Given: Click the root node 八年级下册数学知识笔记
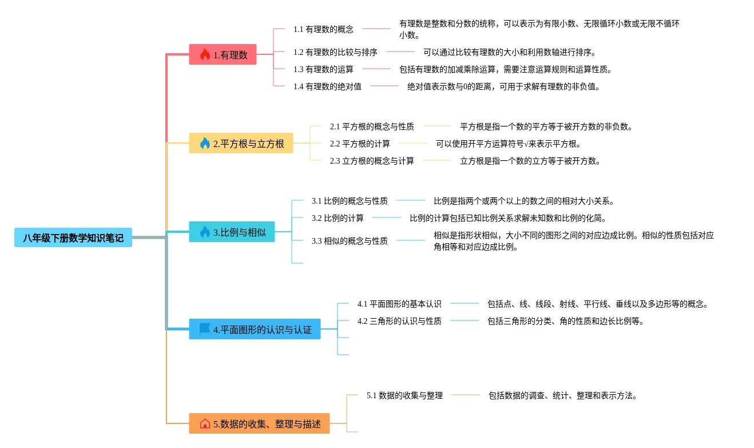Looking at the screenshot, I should (x=73, y=237).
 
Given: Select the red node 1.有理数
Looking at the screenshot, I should (x=223, y=55).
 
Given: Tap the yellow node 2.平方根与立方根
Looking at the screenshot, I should (x=241, y=143).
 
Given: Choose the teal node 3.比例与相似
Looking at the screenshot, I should (x=232, y=232).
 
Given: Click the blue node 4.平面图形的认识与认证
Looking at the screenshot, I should (x=255, y=329).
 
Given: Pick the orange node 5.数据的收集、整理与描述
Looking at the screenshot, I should (x=259, y=424).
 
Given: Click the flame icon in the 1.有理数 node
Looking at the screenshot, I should (x=205, y=55).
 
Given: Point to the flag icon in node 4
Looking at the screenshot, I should (x=205, y=329).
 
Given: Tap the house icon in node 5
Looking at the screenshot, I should (x=205, y=424).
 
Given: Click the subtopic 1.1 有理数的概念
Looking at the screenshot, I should (x=323, y=29).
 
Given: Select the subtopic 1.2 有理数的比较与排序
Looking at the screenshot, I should (x=335, y=52).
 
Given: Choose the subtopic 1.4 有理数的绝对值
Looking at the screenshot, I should (x=327, y=86).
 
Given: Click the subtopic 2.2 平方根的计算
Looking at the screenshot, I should (x=360, y=144).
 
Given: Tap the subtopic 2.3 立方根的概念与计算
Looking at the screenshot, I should (x=372, y=161).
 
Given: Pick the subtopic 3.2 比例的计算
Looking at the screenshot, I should (x=338, y=218).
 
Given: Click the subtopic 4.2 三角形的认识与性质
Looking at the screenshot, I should (x=399, y=321).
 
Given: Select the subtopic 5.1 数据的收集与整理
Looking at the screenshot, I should (x=404, y=395).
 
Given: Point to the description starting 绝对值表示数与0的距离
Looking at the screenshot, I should (x=503, y=86).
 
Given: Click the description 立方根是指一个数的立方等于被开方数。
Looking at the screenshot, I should (x=530, y=161).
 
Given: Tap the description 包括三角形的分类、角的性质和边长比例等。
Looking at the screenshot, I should (x=566, y=321).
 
